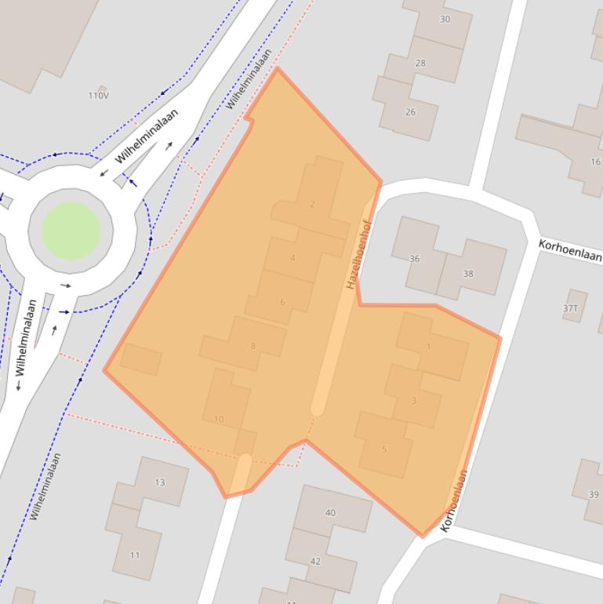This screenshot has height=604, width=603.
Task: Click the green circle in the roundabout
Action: (71, 231)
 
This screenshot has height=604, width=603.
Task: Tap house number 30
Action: (445, 19)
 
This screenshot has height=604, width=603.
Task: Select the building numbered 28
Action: (420, 63)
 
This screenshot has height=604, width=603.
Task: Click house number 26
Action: (410, 112)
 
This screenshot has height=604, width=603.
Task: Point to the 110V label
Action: (99, 95)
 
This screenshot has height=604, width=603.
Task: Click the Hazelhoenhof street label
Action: (358, 253)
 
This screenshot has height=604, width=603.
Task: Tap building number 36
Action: (414, 258)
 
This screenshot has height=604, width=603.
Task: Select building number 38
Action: (468, 274)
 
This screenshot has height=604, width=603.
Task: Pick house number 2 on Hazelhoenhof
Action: (312, 205)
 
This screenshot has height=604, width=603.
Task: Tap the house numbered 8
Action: (252, 346)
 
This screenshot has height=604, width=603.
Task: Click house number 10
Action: (219, 419)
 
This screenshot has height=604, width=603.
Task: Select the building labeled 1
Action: (429, 347)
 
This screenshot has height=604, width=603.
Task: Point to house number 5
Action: (384, 449)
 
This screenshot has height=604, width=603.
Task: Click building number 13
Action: (160, 482)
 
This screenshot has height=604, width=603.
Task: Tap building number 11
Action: (135, 555)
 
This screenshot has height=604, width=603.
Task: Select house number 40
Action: (330, 513)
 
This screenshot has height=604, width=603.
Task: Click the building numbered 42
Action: (315, 561)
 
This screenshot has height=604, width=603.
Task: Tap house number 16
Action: (595, 162)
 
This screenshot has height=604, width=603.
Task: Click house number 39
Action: (594, 494)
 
